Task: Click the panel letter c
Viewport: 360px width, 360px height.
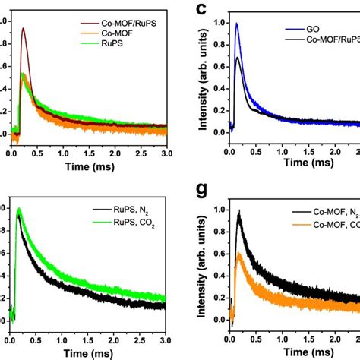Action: click(201, 10)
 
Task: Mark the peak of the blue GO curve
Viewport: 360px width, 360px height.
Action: click(237, 24)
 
